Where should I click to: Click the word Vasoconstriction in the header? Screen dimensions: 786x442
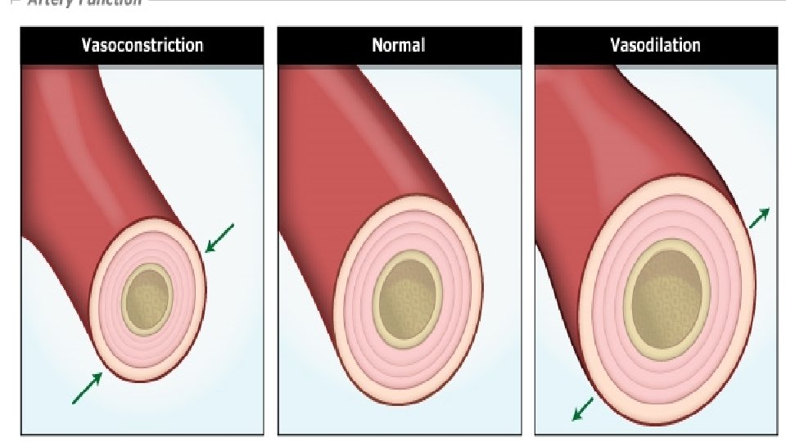142,44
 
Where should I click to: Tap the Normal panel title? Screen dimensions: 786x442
399,44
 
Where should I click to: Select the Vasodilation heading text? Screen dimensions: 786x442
655,44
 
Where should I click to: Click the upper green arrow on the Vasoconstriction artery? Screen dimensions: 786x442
219,237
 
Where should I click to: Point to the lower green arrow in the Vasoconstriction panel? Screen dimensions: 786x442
88,388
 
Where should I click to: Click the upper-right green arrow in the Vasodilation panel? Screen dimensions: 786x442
759,218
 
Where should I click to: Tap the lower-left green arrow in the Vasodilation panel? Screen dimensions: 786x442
583,408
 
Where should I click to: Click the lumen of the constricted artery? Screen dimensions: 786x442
147,300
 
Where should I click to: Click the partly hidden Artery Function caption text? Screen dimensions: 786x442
82,2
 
